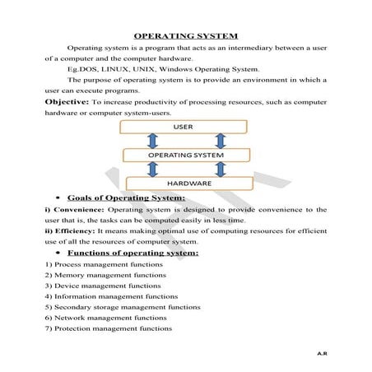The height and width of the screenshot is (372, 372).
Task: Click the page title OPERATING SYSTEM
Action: coord(185,36)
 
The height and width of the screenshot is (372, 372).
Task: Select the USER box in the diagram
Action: coord(183,127)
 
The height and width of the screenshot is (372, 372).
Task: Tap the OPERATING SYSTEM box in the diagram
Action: coord(185,155)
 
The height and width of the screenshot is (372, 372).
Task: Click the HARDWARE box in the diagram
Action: coord(185,183)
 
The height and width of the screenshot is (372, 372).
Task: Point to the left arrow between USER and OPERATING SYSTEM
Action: coord(151,141)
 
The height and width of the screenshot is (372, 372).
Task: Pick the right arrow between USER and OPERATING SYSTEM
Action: coord(219,141)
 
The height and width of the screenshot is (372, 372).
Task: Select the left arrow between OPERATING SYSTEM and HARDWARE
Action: coord(151,169)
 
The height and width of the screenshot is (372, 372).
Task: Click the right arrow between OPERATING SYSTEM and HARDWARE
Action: coord(219,169)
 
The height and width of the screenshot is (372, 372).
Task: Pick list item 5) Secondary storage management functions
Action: coord(110,306)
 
